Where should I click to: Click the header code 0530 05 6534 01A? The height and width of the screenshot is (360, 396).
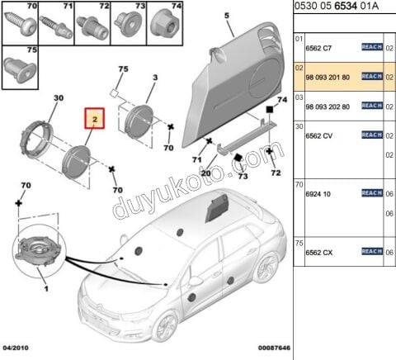(x=342, y=8)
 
